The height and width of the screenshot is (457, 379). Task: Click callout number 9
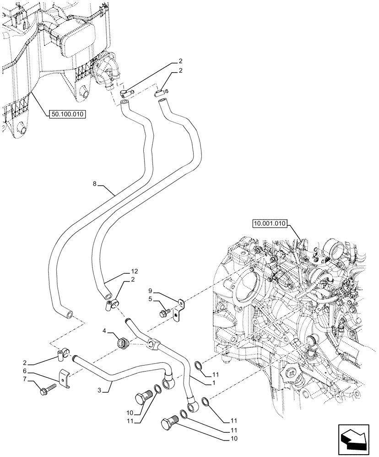(x=150, y=290)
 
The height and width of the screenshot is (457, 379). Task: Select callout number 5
(x=150, y=300)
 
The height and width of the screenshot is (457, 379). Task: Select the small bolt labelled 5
(x=164, y=314)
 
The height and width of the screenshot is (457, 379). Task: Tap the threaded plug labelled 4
(x=121, y=343)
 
